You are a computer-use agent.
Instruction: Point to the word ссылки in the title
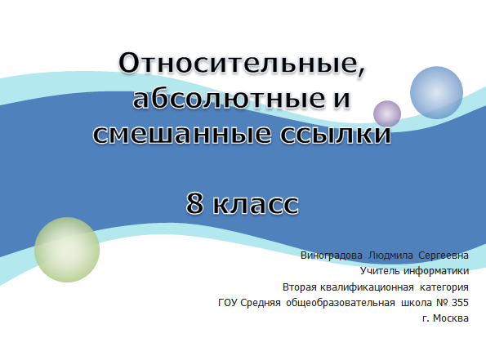[x=336, y=134]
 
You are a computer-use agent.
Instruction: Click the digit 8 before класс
[x=195, y=203]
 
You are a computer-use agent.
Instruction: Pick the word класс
[x=256, y=204]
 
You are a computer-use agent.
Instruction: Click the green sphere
[x=67, y=250]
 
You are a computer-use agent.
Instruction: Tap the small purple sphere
[x=387, y=113]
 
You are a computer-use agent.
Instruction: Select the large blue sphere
[x=436, y=92]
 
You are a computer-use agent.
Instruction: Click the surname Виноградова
[x=332, y=256]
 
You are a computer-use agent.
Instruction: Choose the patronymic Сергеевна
[x=444, y=256]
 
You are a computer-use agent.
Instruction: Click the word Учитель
[x=380, y=271]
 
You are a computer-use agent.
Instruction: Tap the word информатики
[x=436, y=271]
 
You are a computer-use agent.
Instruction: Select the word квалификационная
[x=367, y=287]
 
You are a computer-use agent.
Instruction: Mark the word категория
[x=444, y=287]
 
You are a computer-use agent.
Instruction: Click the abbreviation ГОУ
[x=228, y=303]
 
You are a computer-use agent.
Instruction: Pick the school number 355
[x=460, y=303]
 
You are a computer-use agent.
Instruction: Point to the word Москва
[x=451, y=318]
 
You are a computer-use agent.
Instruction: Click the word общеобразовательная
[x=341, y=303]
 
